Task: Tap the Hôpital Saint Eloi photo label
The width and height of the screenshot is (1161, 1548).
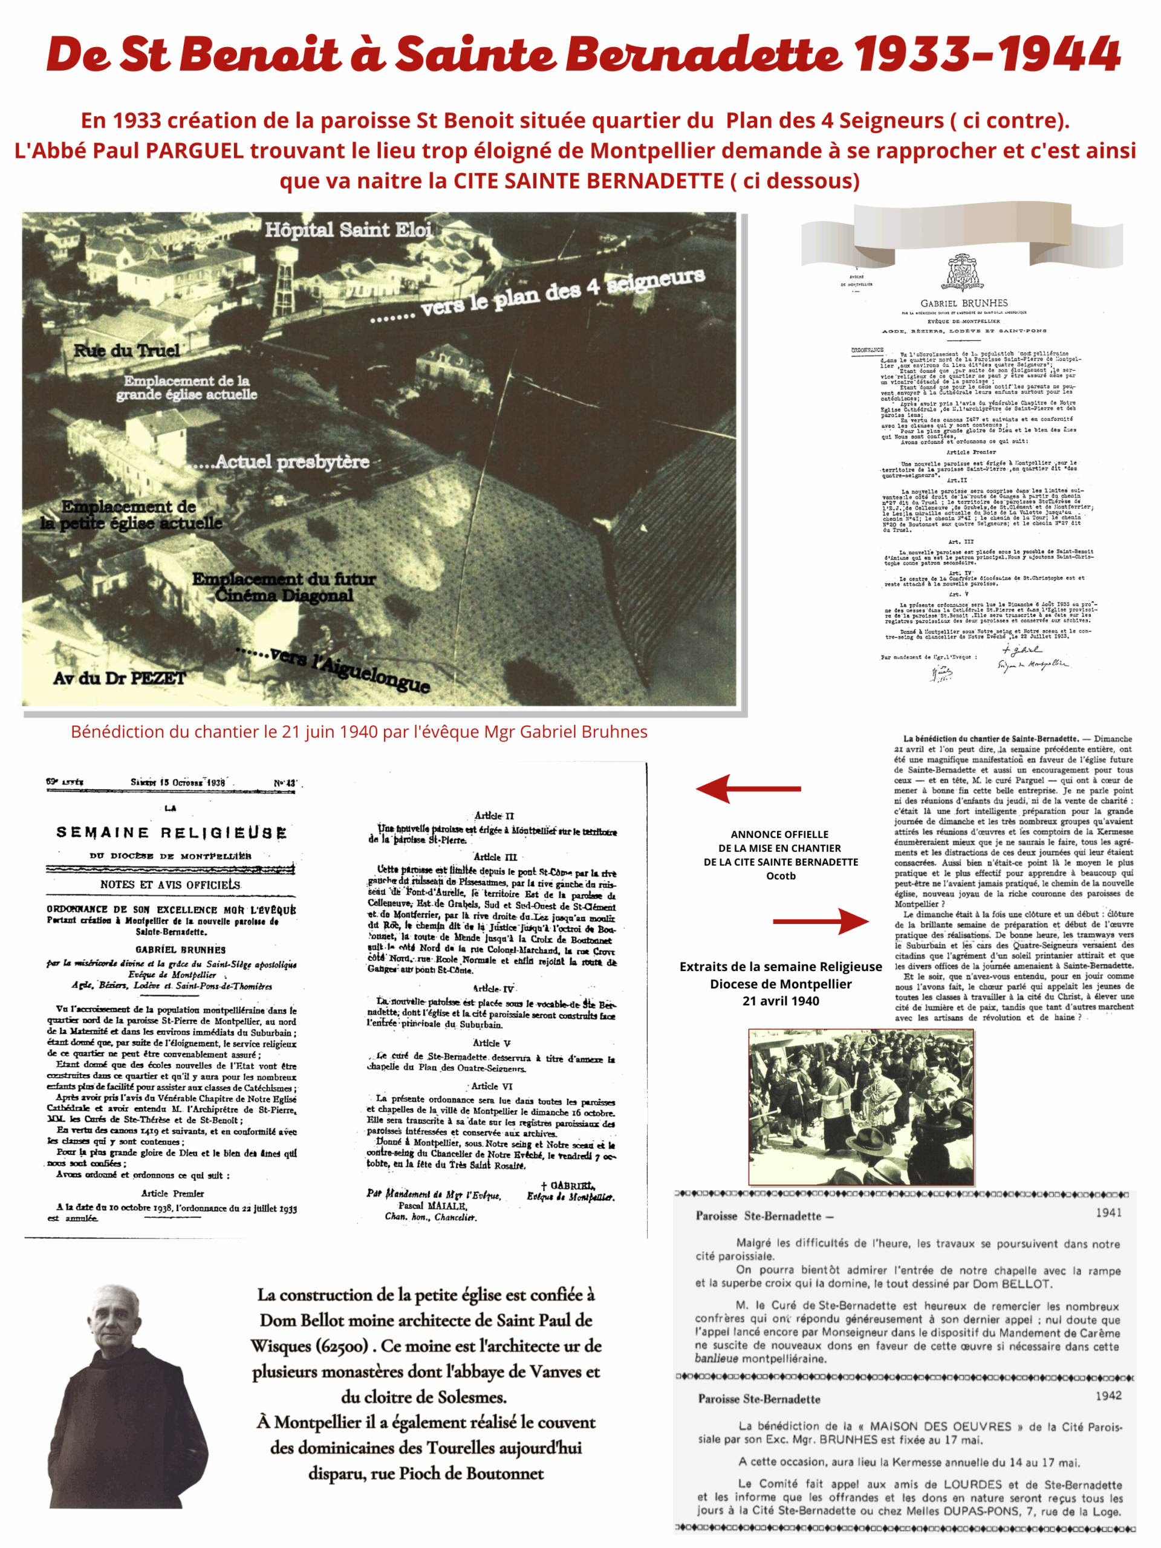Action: (x=348, y=230)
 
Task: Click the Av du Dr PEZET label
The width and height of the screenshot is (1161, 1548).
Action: (x=120, y=677)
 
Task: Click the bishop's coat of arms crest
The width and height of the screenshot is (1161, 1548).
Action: (x=964, y=273)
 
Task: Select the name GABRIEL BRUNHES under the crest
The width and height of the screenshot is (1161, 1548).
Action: (x=964, y=303)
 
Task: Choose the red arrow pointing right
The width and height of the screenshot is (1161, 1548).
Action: (x=820, y=922)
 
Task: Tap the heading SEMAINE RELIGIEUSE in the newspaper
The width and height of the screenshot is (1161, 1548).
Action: (x=172, y=832)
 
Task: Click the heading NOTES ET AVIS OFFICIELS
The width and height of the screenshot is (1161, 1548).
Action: (x=170, y=884)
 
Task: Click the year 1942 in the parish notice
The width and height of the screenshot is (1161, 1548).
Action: (x=1108, y=1395)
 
